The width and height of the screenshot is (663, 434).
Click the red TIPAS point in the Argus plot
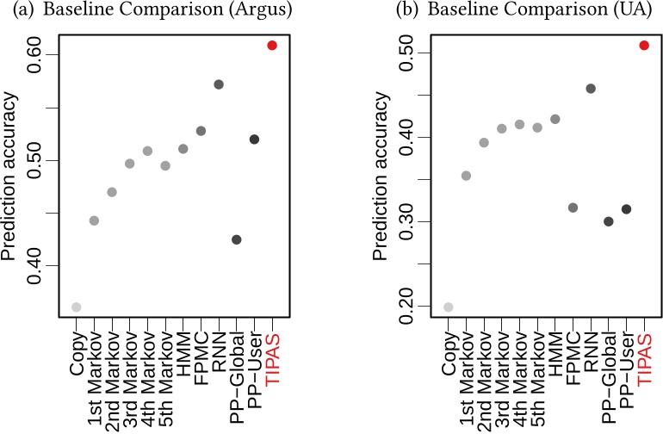coord(272,45)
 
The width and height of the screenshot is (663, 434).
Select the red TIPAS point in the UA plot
coord(644,45)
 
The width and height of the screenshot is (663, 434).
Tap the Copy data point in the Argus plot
coord(76,307)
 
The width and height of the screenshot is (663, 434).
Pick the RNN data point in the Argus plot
coord(219,84)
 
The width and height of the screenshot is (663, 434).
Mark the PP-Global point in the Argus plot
coord(237,239)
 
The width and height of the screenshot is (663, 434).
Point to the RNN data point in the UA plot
coord(591,89)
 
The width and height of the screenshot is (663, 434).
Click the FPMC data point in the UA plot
coord(573,208)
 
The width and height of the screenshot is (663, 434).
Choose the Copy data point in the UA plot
coord(448,307)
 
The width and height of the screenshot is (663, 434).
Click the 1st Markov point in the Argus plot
coord(94,220)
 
